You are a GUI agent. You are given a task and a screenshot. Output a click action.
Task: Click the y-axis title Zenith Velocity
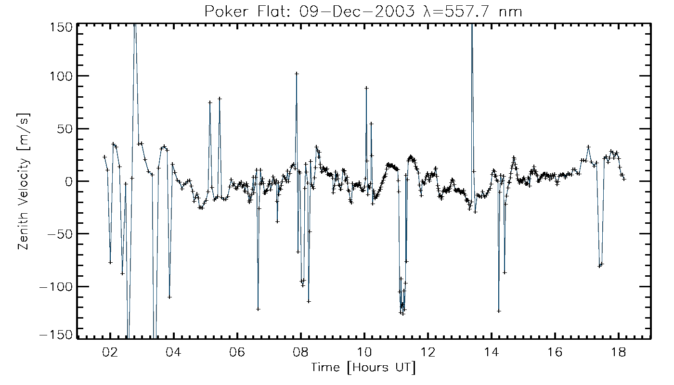(x=24, y=182)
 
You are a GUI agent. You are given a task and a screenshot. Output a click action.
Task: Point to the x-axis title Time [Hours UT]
(x=363, y=368)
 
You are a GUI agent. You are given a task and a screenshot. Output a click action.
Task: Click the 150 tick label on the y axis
(x=62, y=27)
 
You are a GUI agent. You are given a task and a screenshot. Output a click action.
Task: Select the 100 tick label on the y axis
(x=62, y=76)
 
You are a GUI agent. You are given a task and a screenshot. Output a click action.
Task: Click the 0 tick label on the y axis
(x=68, y=181)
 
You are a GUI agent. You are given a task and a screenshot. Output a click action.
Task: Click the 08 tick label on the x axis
(x=301, y=352)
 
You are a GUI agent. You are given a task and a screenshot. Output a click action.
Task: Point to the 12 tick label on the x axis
(x=428, y=352)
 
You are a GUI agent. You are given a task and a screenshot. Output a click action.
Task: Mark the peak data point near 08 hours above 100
(x=297, y=74)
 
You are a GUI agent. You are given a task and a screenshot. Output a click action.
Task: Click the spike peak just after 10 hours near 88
(x=366, y=88)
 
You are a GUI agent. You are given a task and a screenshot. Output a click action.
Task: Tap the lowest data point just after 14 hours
(x=499, y=311)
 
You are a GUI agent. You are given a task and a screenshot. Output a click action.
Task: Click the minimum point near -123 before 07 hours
(x=258, y=309)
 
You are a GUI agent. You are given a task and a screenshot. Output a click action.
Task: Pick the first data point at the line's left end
(x=104, y=157)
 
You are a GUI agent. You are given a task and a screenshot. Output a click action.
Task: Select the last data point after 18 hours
(x=624, y=179)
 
